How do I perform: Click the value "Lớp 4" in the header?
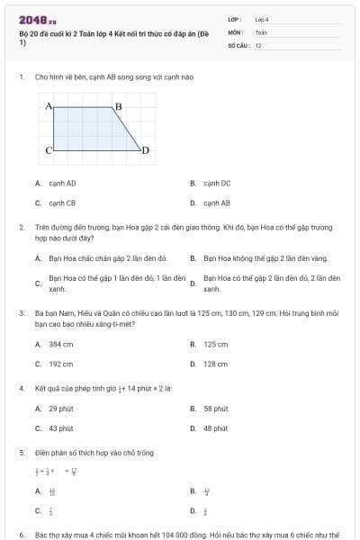click(x=262, y=18)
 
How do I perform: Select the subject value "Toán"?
click(x=261, y=31)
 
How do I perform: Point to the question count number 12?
click(x=258, y=45)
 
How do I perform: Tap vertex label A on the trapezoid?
click(x=49, y=106)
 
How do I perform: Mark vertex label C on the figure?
click(x=49, y=149)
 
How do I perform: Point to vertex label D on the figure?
click(x=145, y=149)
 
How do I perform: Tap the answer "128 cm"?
click(x=216, y=364)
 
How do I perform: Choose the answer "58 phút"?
click(x=216, y=409)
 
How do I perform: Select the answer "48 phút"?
click(x=216, y=429)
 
